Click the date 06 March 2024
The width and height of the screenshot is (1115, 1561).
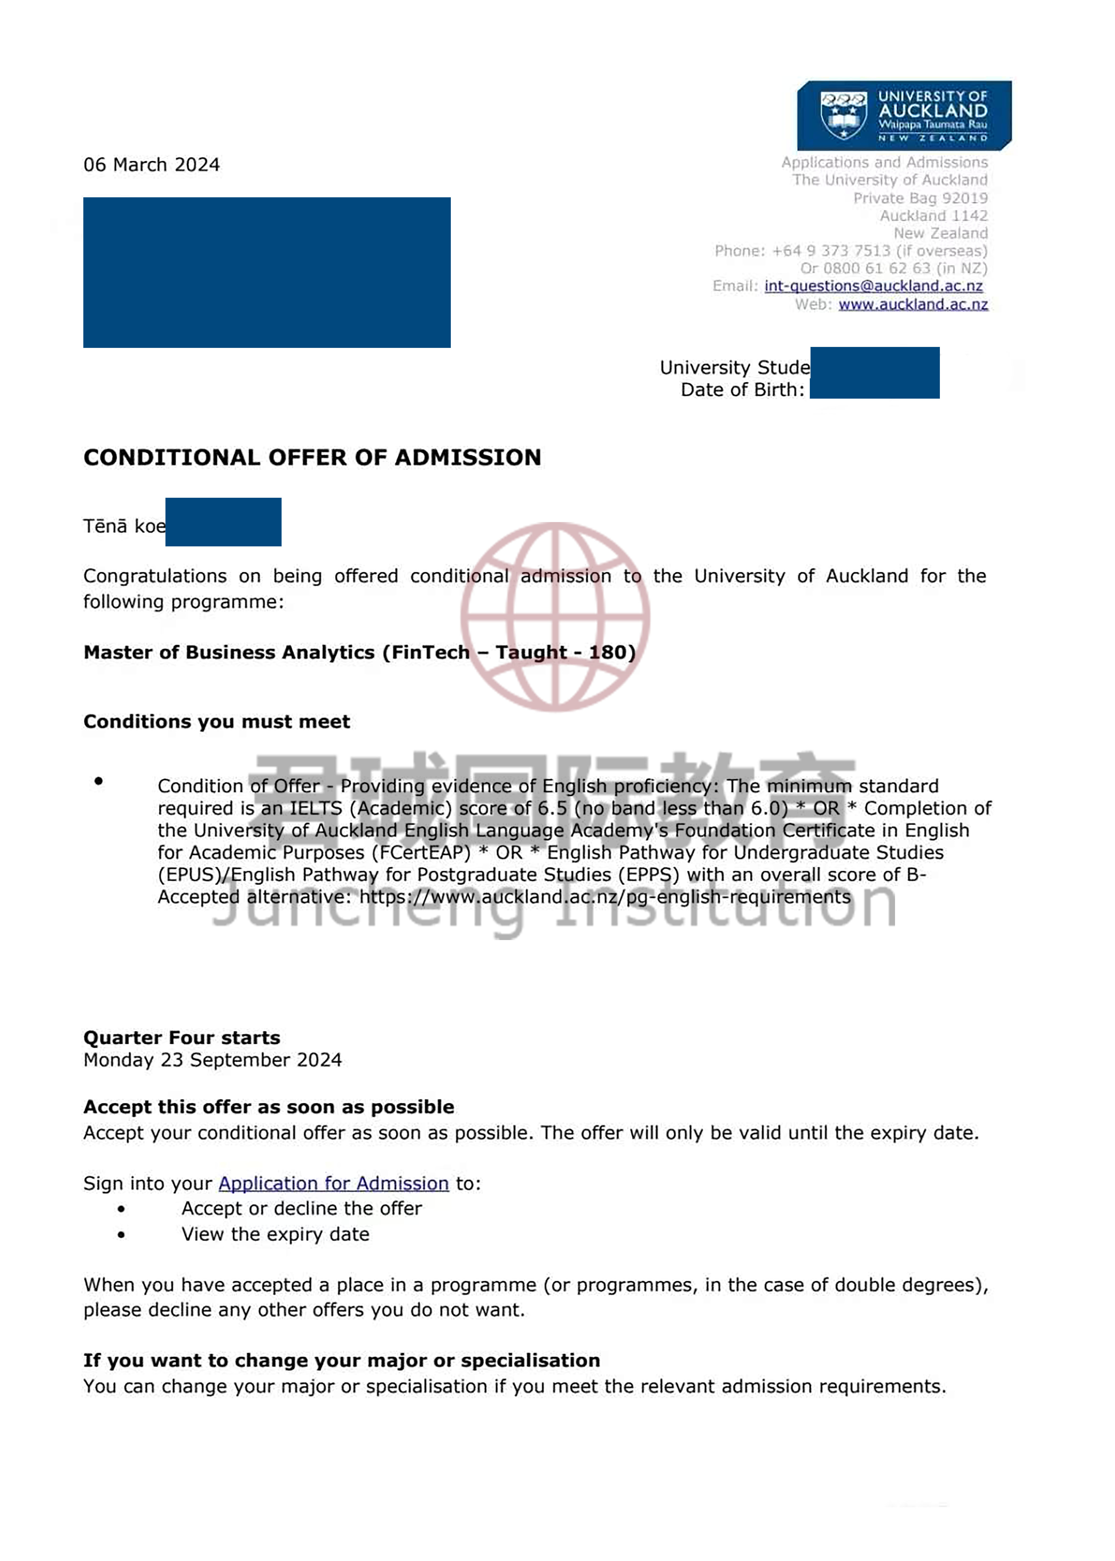[x=152, y=165]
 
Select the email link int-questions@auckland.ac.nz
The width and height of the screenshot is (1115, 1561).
[x=873, y=286]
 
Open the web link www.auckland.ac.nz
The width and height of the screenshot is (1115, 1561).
[x=913, y=304]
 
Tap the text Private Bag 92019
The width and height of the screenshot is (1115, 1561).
[x=920, y=198]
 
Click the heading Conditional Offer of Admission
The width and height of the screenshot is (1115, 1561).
[x=313, y=457]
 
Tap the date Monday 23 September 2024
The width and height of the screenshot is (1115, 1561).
[x=212, y=1060]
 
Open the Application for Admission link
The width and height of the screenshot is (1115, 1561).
[x=334, y=1183]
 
